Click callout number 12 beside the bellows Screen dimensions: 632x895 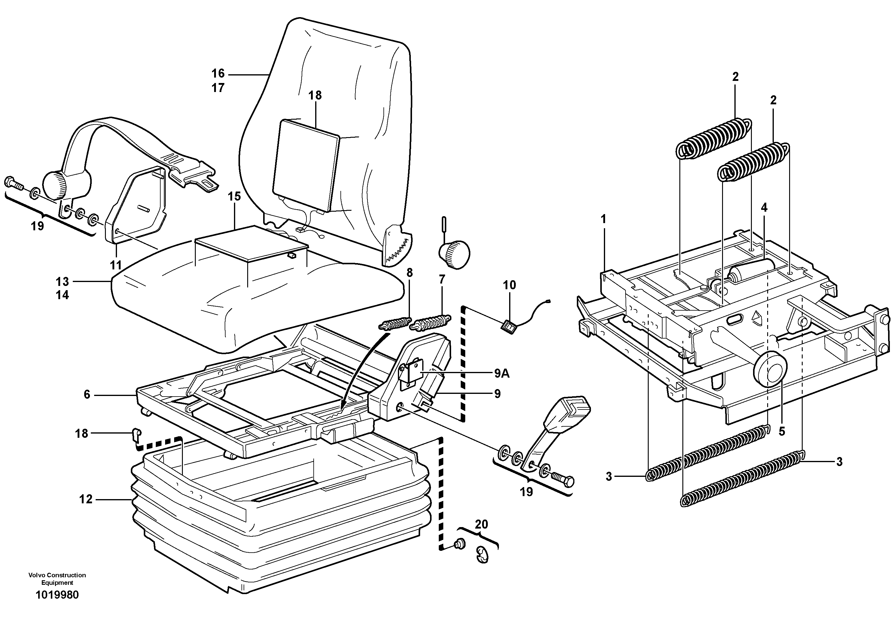[x=86, y=499]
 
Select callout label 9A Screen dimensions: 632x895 [x=501, y=374]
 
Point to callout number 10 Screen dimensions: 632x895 [x=509, y=285]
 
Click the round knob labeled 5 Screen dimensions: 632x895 [x=770, y=368]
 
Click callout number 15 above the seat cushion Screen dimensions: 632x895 [x=234, y=196]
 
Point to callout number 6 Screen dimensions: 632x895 [x=87, y=395]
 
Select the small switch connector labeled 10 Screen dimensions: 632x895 [x=508, y=327]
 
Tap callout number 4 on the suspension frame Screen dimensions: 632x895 [x=764, y=208]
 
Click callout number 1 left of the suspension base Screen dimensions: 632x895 [x=603, y=219]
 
